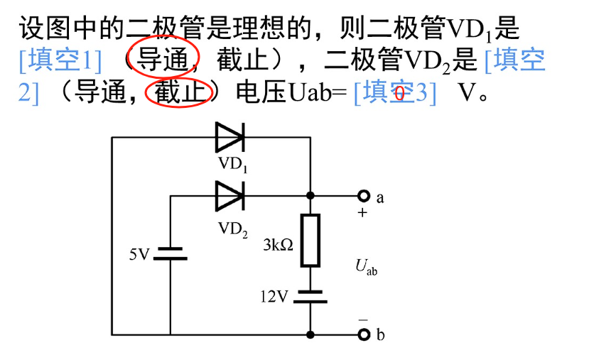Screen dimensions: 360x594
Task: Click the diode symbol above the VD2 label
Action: point(229,194)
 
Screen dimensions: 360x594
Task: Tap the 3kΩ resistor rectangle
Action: point(310,239)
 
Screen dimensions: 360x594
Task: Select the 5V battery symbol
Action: point(171,253)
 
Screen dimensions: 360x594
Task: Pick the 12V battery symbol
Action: point(310,296)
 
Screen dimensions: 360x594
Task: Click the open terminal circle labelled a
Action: point(364,195)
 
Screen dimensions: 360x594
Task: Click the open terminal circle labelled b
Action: point(364,334)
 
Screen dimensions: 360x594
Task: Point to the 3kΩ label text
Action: point(278,246)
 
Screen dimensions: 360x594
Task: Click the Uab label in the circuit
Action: point(366,267)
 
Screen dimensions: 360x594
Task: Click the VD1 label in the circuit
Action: point(232,165)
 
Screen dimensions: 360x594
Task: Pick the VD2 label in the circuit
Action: point(233,228)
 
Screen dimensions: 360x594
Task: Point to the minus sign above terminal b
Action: point(363,320)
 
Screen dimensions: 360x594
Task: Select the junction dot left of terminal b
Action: point(310,334)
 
